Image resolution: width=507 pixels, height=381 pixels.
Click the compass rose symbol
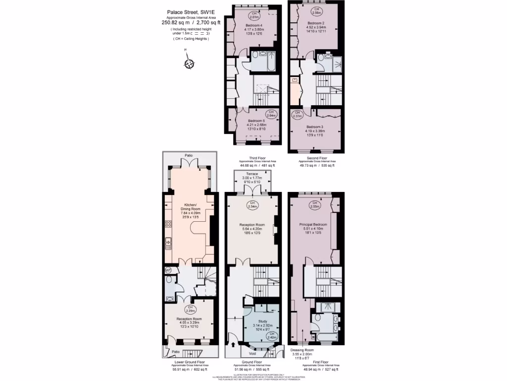tap(188, 63)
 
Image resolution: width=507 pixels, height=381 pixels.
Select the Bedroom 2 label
tap(315, 23)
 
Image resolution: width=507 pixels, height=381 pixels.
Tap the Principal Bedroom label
tap(311, 225)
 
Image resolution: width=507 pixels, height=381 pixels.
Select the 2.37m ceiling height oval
tap(297, 115)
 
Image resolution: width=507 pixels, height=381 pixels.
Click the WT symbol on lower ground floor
tap(168, 270)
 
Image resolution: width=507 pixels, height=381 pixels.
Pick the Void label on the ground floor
tap(253, 353)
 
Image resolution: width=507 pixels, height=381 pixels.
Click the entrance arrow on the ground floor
tap(233, 344)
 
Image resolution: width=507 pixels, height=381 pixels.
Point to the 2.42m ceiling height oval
tap(271, 336)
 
